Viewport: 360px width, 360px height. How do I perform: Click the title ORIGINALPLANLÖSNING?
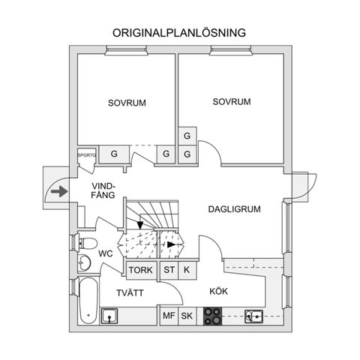179,33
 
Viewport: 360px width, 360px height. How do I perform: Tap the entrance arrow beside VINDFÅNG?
59,192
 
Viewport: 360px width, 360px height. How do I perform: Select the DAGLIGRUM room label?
234,209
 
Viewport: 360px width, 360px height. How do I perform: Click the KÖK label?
218,291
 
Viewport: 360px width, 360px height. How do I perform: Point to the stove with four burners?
212,316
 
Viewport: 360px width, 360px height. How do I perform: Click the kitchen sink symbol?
253,316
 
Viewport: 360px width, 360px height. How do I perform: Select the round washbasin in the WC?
85,262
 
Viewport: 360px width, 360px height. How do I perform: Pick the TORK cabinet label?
141,270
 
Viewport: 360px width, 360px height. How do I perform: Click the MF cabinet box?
169,316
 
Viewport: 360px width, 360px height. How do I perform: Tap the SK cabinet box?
187,316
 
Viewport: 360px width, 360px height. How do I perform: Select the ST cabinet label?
169,270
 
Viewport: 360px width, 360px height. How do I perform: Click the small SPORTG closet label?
87,155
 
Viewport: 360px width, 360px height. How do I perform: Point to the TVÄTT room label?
130,292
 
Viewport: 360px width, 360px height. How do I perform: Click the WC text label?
106,253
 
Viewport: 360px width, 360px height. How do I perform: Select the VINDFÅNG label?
103,190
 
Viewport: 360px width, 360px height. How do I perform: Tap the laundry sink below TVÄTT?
109,316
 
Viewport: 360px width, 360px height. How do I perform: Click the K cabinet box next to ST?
187,270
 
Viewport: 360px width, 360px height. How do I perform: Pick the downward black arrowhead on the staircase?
140,226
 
